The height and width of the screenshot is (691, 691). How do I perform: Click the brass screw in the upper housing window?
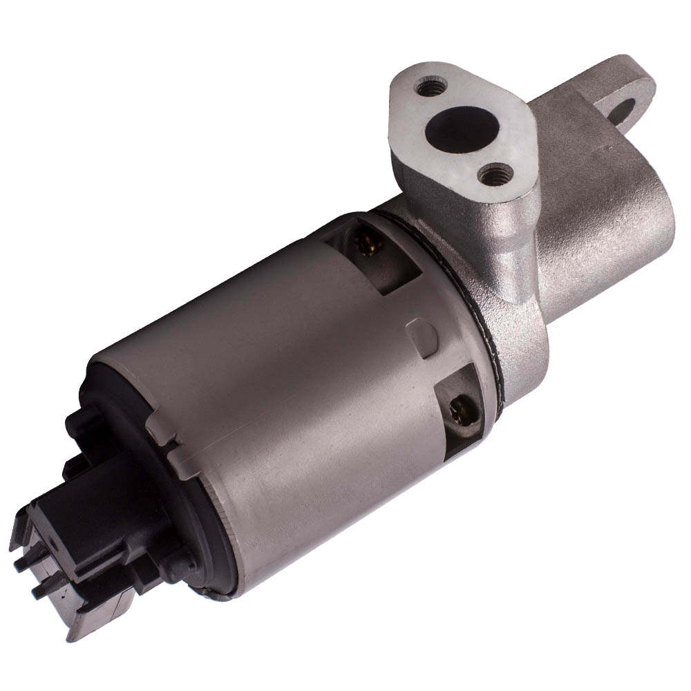pos(364,240)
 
